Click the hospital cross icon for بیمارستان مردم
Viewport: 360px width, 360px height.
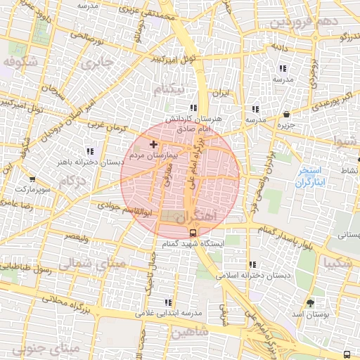coord(154,144)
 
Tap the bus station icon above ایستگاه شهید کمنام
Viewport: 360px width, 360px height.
coord(193,232)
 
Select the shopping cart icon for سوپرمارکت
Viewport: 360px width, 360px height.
coord(32,179)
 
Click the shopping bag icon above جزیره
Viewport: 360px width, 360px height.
coord(286,115)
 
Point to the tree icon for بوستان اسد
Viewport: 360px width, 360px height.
coord(310,303)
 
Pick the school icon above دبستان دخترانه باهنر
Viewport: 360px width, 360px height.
coord(89,151)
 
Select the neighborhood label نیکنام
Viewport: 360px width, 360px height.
coord(173,89)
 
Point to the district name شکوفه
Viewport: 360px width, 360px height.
coord(19,62)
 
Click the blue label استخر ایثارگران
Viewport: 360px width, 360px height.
coord(309,176)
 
